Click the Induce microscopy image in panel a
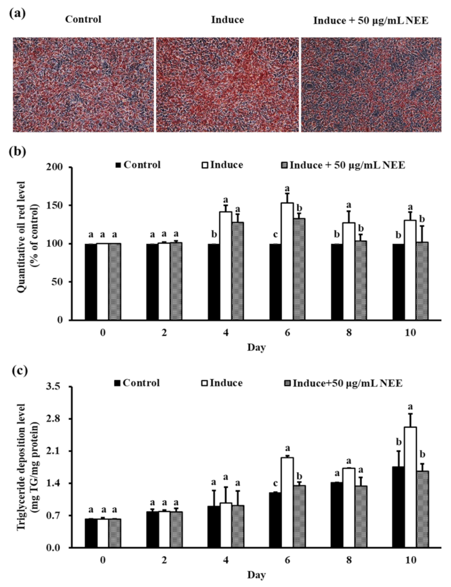[227, 84]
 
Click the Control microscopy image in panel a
[83, 84]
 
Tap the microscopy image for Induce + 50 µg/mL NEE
[371, 84]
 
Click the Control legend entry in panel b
[138, 165]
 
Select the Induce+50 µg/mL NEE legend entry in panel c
[343, 383]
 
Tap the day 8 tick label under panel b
[349, 333]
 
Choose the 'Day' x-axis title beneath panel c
[256, 575]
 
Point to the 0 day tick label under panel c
[103, 560]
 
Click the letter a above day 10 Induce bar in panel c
[411, 406]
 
